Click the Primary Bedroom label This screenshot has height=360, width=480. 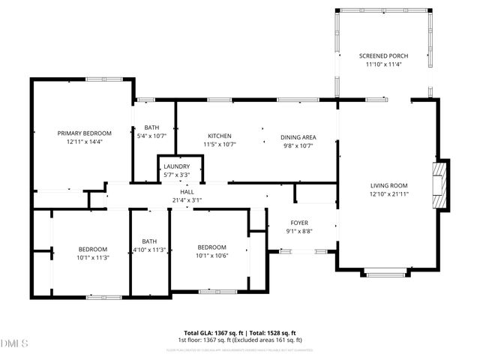pos(84,133)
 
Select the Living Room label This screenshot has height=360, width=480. pos(388,185)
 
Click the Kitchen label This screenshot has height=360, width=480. pos(219,136)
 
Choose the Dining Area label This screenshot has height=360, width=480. pos(298,137)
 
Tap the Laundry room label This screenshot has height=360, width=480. pos(176,166)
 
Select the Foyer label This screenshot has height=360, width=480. pos(300,223)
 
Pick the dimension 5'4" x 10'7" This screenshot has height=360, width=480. pos(150,136)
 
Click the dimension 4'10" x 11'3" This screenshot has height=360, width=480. pos(149,250)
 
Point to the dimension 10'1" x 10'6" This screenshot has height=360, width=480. pos(211,256)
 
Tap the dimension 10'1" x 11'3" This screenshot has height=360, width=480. pos(93,257)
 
